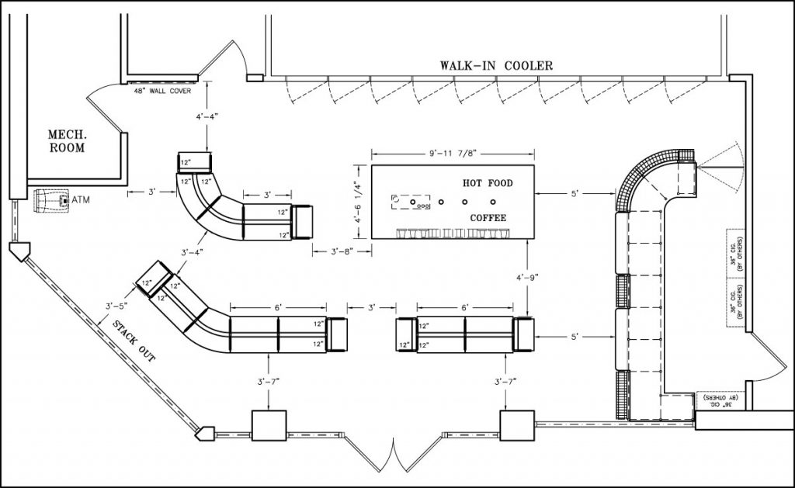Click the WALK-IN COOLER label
[x=496, y=66]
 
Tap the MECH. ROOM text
[x=67, y=140]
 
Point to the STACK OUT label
[x=134, y=342]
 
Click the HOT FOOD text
[x=488, y=183]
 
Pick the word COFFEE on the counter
[x=488, y=218]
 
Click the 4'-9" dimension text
[x=529, y=277]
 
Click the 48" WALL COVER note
[x=162, y=90]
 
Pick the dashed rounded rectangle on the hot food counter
[x=411, y=202]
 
